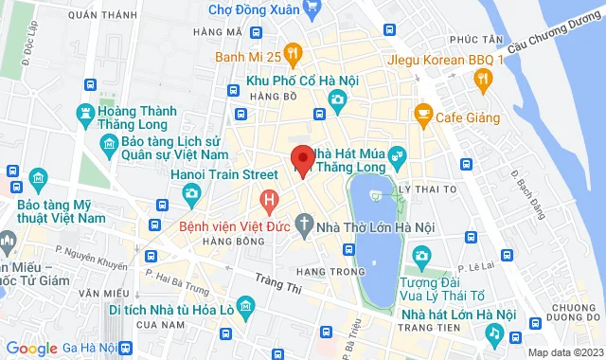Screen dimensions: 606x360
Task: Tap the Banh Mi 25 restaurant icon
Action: (294, 53)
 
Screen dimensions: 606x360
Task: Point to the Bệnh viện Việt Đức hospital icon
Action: (270, 200)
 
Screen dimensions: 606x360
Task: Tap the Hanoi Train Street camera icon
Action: (190, 193)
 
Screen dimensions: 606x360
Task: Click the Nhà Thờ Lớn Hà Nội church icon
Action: (303, 226)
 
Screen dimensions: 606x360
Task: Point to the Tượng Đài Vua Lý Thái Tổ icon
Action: (421, 255)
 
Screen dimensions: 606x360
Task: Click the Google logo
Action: (31, 350)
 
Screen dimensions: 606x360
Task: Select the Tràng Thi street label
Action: (283, 282)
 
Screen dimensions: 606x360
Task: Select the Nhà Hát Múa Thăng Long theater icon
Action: (397, 153)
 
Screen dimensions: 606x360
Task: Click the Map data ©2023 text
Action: (564, 352)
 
